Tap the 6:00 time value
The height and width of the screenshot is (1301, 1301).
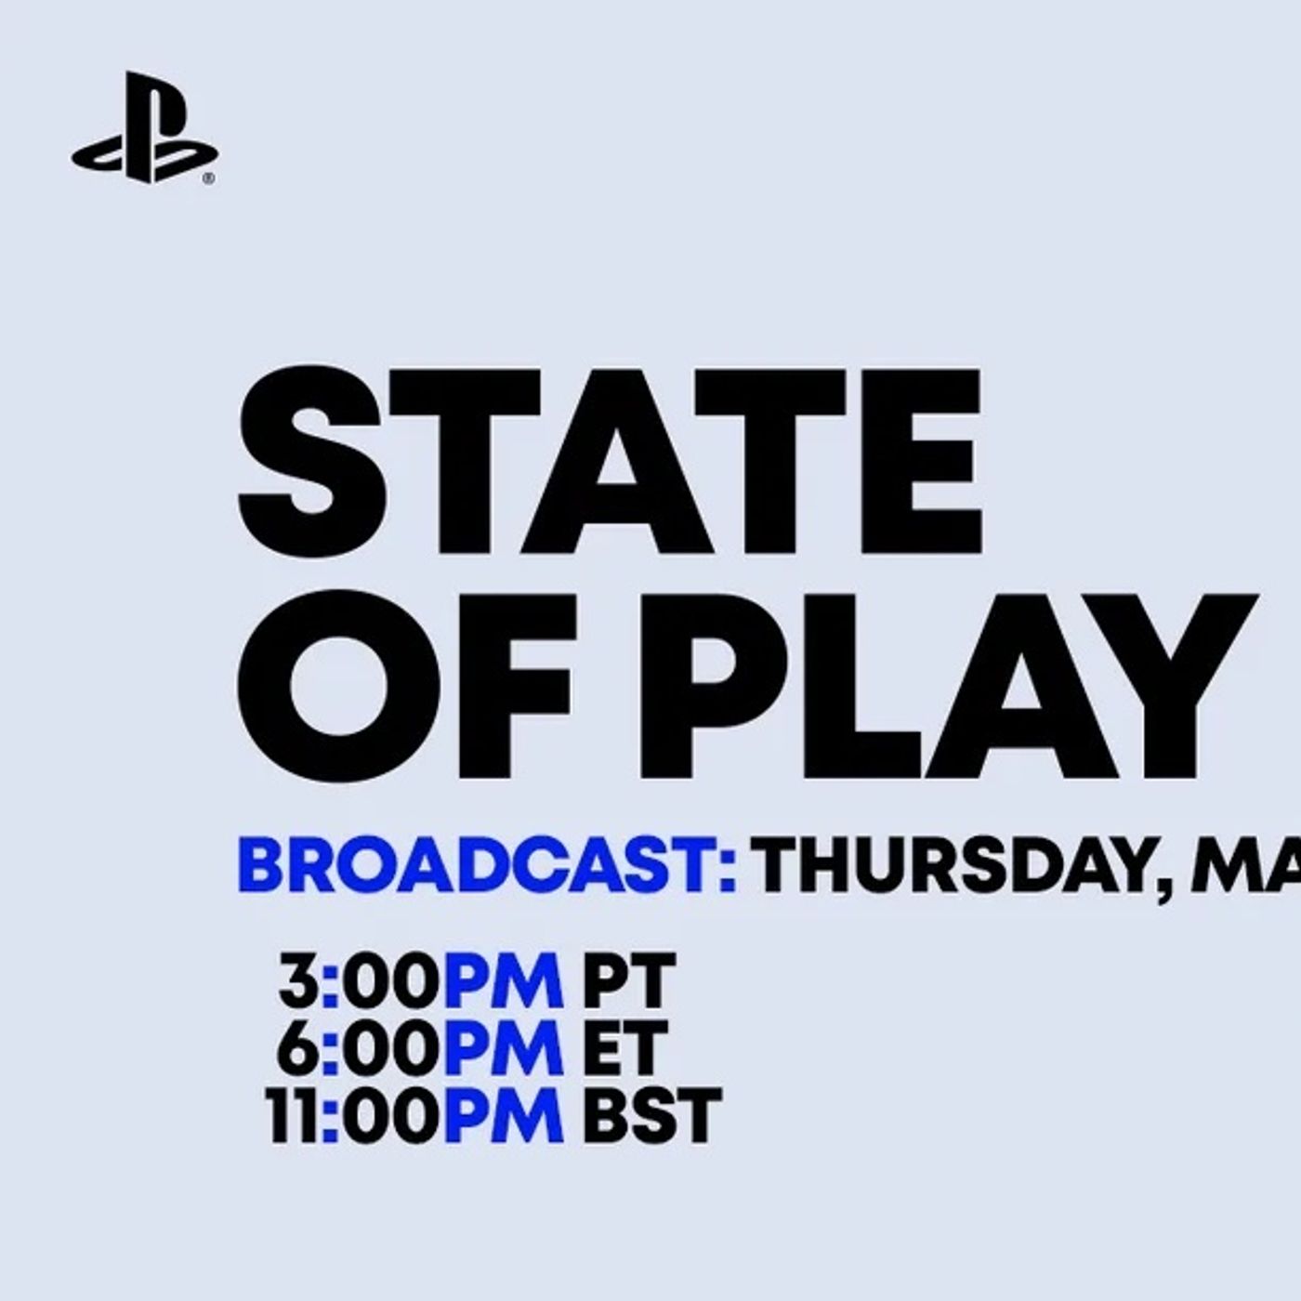point(357,1048)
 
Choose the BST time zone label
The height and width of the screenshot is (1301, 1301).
point(651,1115)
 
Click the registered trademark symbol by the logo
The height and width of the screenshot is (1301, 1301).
point(210,178)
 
